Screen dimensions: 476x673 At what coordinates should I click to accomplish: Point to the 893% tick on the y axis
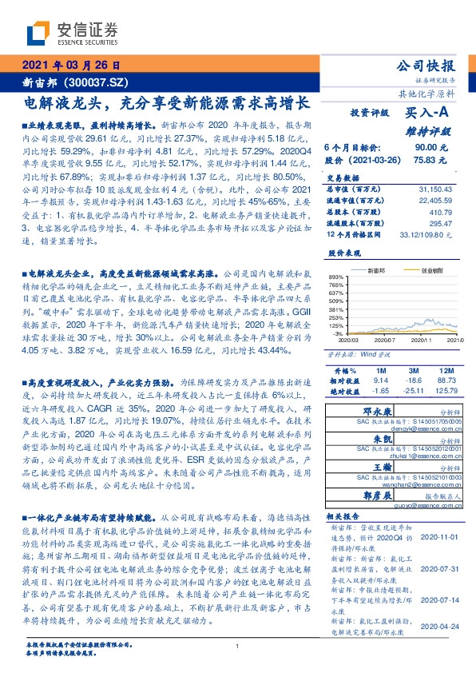point(335,276)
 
